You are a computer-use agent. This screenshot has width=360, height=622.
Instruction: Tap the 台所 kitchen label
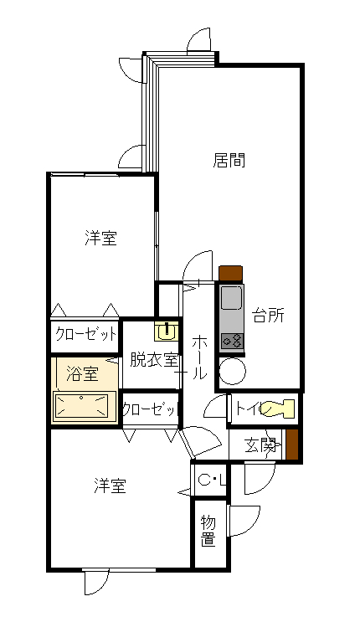268,316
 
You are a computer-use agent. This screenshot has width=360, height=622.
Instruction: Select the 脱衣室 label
152,361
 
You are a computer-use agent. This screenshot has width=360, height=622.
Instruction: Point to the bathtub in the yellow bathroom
83,407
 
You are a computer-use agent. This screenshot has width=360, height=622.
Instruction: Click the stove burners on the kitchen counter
231,341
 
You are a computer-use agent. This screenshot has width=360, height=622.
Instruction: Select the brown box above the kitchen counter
230,273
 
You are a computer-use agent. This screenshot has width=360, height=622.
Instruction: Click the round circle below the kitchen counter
231,370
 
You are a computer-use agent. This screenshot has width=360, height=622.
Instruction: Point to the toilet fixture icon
278,409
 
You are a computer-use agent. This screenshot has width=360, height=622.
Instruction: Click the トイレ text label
248,409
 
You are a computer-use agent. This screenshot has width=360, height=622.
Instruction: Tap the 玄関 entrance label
260,445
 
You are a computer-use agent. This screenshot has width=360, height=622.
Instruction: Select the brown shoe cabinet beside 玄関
292,444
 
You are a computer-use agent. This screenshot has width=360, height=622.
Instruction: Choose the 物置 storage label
208,531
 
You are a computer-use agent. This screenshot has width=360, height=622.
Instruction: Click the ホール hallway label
200,358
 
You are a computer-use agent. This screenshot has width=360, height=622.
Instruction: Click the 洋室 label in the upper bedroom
100,239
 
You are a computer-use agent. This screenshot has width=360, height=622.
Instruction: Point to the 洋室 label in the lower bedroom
110,486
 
